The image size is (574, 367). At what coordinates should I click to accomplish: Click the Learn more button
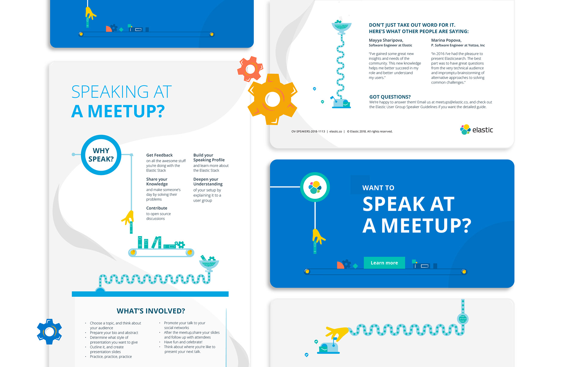(384, 263)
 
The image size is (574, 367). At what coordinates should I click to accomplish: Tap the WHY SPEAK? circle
(101, 155)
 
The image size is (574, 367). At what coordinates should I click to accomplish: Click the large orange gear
(272, 99)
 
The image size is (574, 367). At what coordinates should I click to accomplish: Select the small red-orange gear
(250, 69)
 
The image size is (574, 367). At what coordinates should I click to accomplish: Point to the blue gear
(49, 331)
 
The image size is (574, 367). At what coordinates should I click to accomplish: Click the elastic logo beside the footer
(477, 130)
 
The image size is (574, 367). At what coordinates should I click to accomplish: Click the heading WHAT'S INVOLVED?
(151, 311)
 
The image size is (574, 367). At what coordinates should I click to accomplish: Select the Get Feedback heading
(159, 155)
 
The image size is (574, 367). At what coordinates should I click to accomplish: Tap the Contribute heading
(157, 208)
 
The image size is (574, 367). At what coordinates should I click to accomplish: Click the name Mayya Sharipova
(386, 40)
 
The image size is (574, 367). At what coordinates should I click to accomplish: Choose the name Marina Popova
(446, 40)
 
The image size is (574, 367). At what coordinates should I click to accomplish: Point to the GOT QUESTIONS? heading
(390, 97)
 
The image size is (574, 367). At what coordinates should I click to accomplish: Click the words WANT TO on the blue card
(378, 188)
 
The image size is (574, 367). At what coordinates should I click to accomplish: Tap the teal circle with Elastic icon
(315, 187)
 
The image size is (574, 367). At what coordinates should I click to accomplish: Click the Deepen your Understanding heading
(208, 182)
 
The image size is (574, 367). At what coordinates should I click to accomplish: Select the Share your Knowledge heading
(157, 182)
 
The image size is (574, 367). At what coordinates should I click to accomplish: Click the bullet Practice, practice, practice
(111, 357)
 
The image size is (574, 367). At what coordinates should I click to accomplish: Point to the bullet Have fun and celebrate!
(183, 342)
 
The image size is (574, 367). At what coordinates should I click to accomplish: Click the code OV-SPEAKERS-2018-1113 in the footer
(308, 131)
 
